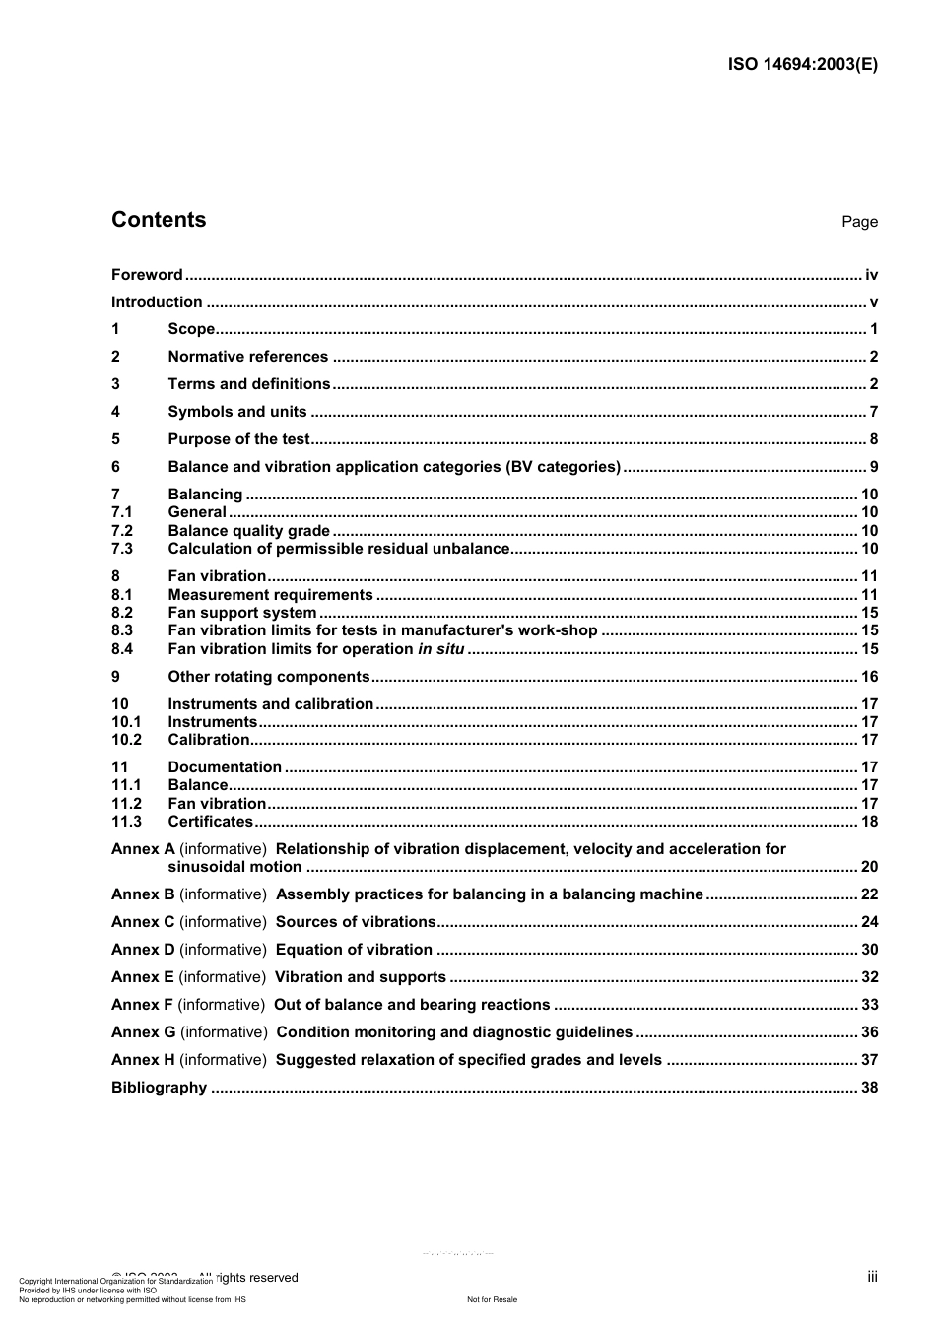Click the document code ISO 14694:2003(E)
tap(802, 65)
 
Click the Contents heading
tap(159, 220)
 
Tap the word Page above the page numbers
tap(859, 222)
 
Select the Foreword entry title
tap(147, 275)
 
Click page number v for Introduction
tap(873, 302)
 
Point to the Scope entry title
tap(191, 329)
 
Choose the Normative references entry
tap(247, 357)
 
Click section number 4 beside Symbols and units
tap(115, 412)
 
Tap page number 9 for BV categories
tap(873, 467)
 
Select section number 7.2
tap(122, 531)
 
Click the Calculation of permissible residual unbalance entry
tap(339, 549)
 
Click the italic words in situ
tap(440, 649)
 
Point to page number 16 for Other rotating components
tap(869, 677)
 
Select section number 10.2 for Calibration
tap(126, 740)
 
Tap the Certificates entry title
tap(210, 822)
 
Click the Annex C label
tap(143, 922)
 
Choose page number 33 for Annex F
tap(869, 1005)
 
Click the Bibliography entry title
tap(159, 1088)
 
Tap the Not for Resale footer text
tap(492, 1299)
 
